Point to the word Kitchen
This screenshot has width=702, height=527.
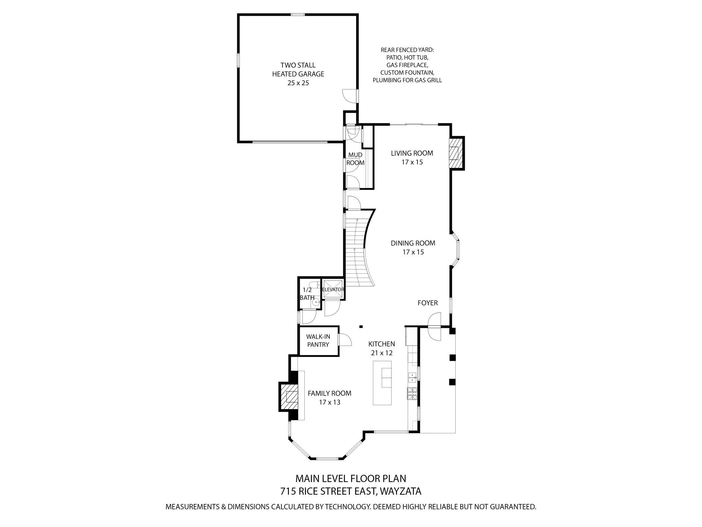point(381,344)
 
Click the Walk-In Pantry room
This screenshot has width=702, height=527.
point(318,341)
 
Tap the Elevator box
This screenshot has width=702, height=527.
point(333,290)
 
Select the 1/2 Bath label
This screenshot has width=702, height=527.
point(307,294)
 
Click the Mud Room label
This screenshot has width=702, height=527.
point(355,159)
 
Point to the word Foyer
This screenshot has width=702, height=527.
point(428,303)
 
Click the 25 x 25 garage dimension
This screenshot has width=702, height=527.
point(298,83)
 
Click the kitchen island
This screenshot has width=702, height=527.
point(382,383)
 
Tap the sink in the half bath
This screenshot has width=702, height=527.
point(316,303)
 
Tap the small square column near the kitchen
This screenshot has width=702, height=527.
point(361,327)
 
